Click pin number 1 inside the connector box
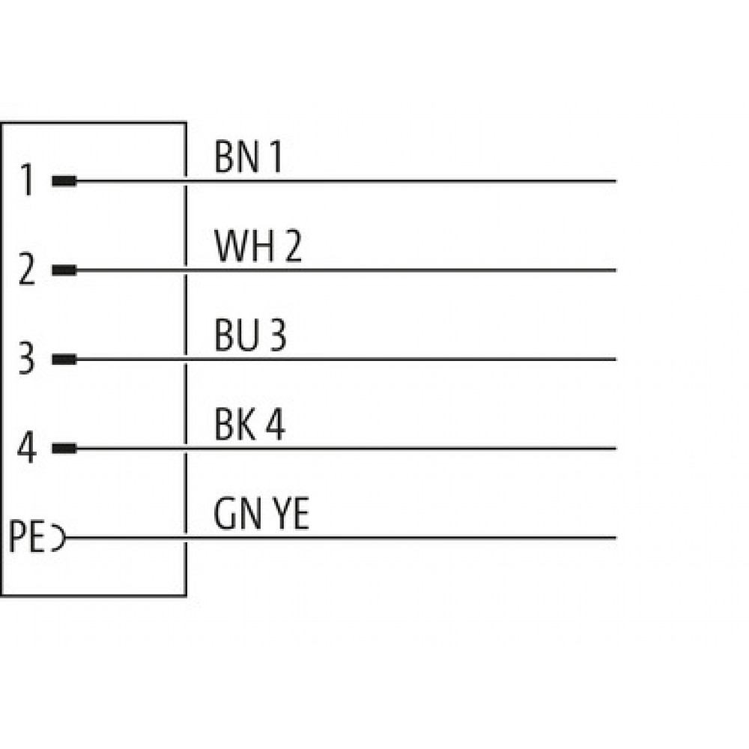coord(28,180)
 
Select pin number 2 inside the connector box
coord(27,269)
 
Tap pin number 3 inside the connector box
coord(27,358)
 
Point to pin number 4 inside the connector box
coord(27,447)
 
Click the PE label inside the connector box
coord(27,536)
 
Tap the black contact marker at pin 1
coord(64,181)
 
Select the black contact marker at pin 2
coord(64,270)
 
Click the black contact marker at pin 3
coord(64,360)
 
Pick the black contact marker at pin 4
coord(64,449)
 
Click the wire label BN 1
coord(249,157)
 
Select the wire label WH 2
coord(258,246)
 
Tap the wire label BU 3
coord(250,335)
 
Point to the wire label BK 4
coord(249,424)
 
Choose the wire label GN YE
coord(261,514)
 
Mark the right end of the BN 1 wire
coord(615,181)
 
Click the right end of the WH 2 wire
coord(615,270)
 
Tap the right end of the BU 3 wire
coord(615,360)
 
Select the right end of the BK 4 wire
coord(615,449)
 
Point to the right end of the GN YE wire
coord(615,538)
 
